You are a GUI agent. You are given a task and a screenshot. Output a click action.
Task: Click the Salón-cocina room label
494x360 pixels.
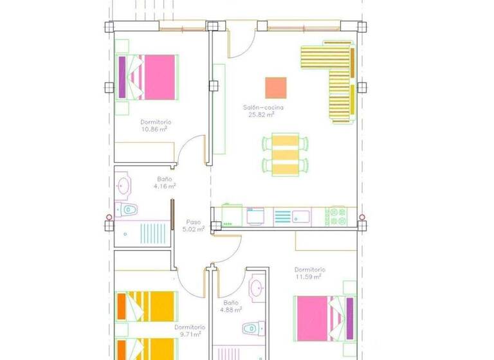coord(263,107)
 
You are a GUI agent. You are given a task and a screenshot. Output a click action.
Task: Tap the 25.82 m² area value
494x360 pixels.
coord(262,115)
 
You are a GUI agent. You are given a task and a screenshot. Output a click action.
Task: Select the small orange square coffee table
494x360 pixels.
coord(275,87)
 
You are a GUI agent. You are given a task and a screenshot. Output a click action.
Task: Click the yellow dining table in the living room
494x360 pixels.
coord(285,154)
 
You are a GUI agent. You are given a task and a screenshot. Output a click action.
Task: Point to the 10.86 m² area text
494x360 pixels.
coord(154,129)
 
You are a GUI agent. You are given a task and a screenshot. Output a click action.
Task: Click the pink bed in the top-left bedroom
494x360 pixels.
coord(160,77)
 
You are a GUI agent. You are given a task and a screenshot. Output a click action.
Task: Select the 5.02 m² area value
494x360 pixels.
coord(193,228)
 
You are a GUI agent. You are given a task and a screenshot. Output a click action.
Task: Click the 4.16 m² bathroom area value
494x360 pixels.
coord(165,186)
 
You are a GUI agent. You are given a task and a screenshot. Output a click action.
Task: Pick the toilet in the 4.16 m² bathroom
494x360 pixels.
coord(129,209)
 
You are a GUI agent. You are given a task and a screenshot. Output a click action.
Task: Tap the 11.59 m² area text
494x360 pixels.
coord(309,277)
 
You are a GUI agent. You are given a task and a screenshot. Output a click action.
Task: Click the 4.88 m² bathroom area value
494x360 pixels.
coord(232,309)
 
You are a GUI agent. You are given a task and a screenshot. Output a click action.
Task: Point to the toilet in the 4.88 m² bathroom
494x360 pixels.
coord(251,328)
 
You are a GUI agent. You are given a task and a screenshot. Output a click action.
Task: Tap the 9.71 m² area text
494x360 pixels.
coord(190,334)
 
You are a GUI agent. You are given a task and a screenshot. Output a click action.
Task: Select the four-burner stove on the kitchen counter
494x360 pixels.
coord(338,216)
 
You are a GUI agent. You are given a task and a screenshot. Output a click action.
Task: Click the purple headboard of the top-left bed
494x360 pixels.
coord(122,77)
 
